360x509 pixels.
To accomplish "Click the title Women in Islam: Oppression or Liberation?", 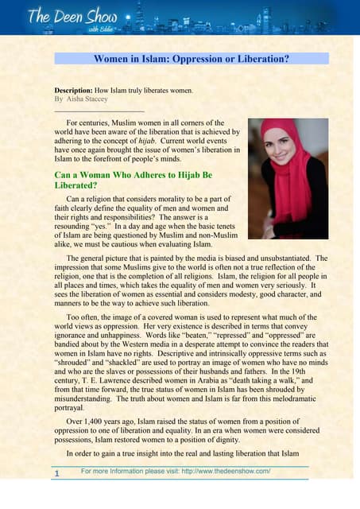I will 191,58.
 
